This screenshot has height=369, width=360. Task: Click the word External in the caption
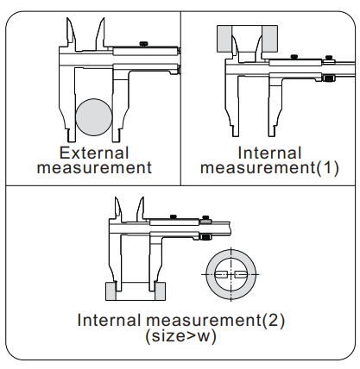click(94, 153)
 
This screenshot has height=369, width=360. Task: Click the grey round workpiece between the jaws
click(94, 117)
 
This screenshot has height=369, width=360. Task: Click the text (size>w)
click(180, 336)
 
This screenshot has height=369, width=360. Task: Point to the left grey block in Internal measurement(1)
click(225, 39)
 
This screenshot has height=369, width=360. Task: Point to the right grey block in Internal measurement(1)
click(269, 39)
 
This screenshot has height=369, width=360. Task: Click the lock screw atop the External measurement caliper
click(143, 44)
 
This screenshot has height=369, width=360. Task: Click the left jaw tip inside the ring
click(221, 275)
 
